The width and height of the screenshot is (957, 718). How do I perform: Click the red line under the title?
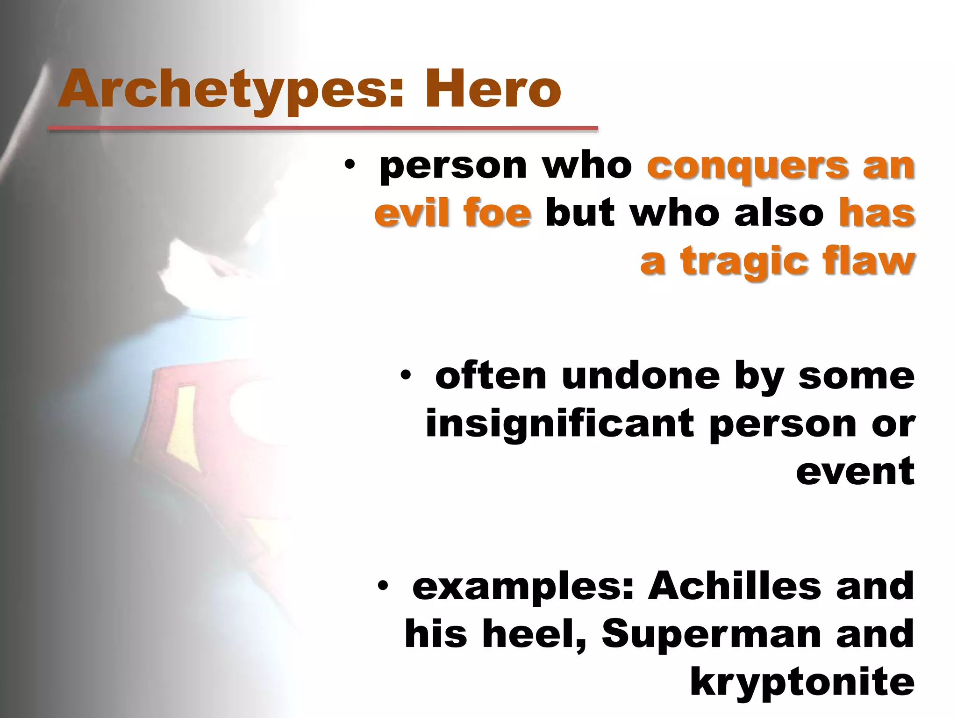(323, 128)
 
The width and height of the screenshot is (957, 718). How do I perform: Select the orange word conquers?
(747, 166)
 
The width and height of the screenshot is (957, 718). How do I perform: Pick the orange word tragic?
(743, 260)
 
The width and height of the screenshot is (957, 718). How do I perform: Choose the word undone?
(641, 376)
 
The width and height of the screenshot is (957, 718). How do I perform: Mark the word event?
(855, 471)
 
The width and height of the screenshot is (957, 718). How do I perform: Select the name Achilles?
(734, 586)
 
